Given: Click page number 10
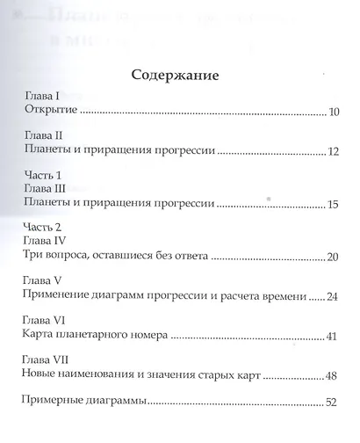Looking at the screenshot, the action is click(x=333, y=113).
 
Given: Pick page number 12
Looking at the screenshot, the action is click(x=333, y=152).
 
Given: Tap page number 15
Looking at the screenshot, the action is click(x=333, y=205).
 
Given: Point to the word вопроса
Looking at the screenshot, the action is click(x=69, y=256).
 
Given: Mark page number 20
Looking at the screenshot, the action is click(x=332, y=257).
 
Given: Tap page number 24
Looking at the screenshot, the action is click(x=332, y=297).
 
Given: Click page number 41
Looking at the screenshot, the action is click(x=332, y=337).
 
